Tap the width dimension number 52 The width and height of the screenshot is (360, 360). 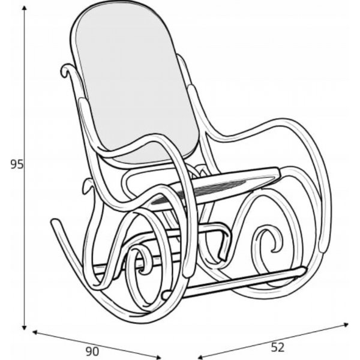click(x=277, y=346)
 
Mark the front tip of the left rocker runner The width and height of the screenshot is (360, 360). click(x=55, y=223)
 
